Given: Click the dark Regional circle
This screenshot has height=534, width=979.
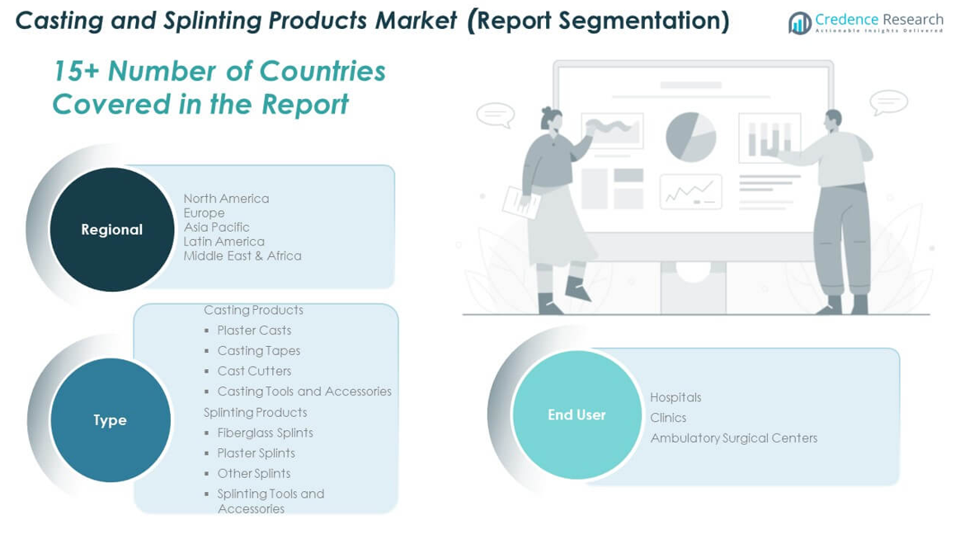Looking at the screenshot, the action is tap(112, 230).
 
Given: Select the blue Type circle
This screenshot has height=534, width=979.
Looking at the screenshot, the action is tap(111, 419).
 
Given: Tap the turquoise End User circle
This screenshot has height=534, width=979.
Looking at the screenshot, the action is tap(577, 415).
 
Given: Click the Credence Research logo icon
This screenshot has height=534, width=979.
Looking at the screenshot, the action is tap(799, 23).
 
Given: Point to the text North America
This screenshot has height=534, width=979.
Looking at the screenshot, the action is tap(226, 199).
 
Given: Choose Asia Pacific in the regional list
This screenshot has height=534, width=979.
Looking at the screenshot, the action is tap(216, 227).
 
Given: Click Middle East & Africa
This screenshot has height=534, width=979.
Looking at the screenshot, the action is tap(242, 255).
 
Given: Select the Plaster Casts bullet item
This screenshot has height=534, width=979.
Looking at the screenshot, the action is tap(254, 330).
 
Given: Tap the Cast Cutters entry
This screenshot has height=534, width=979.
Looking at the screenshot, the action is tap(254, 371).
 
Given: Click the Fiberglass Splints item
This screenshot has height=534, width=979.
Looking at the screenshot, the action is tap(265, 433).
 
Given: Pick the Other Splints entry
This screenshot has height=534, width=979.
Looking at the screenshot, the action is tap(253, 474).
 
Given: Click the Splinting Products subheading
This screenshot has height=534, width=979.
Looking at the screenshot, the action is tap(256, 412).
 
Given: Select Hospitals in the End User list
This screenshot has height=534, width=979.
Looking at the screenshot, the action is tap(675, 397).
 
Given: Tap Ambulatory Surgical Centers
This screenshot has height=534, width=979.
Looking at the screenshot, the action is tap(733, 438).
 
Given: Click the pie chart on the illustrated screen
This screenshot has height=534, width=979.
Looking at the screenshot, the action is tap(690, 137).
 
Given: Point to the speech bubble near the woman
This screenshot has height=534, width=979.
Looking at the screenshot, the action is tap(496, 115).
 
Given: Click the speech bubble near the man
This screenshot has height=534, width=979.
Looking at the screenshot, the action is tap(888, 102).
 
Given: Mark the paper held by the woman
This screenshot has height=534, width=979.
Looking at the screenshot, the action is tap(521, 203).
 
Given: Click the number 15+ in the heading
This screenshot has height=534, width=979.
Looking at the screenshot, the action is tap(76, 71).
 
